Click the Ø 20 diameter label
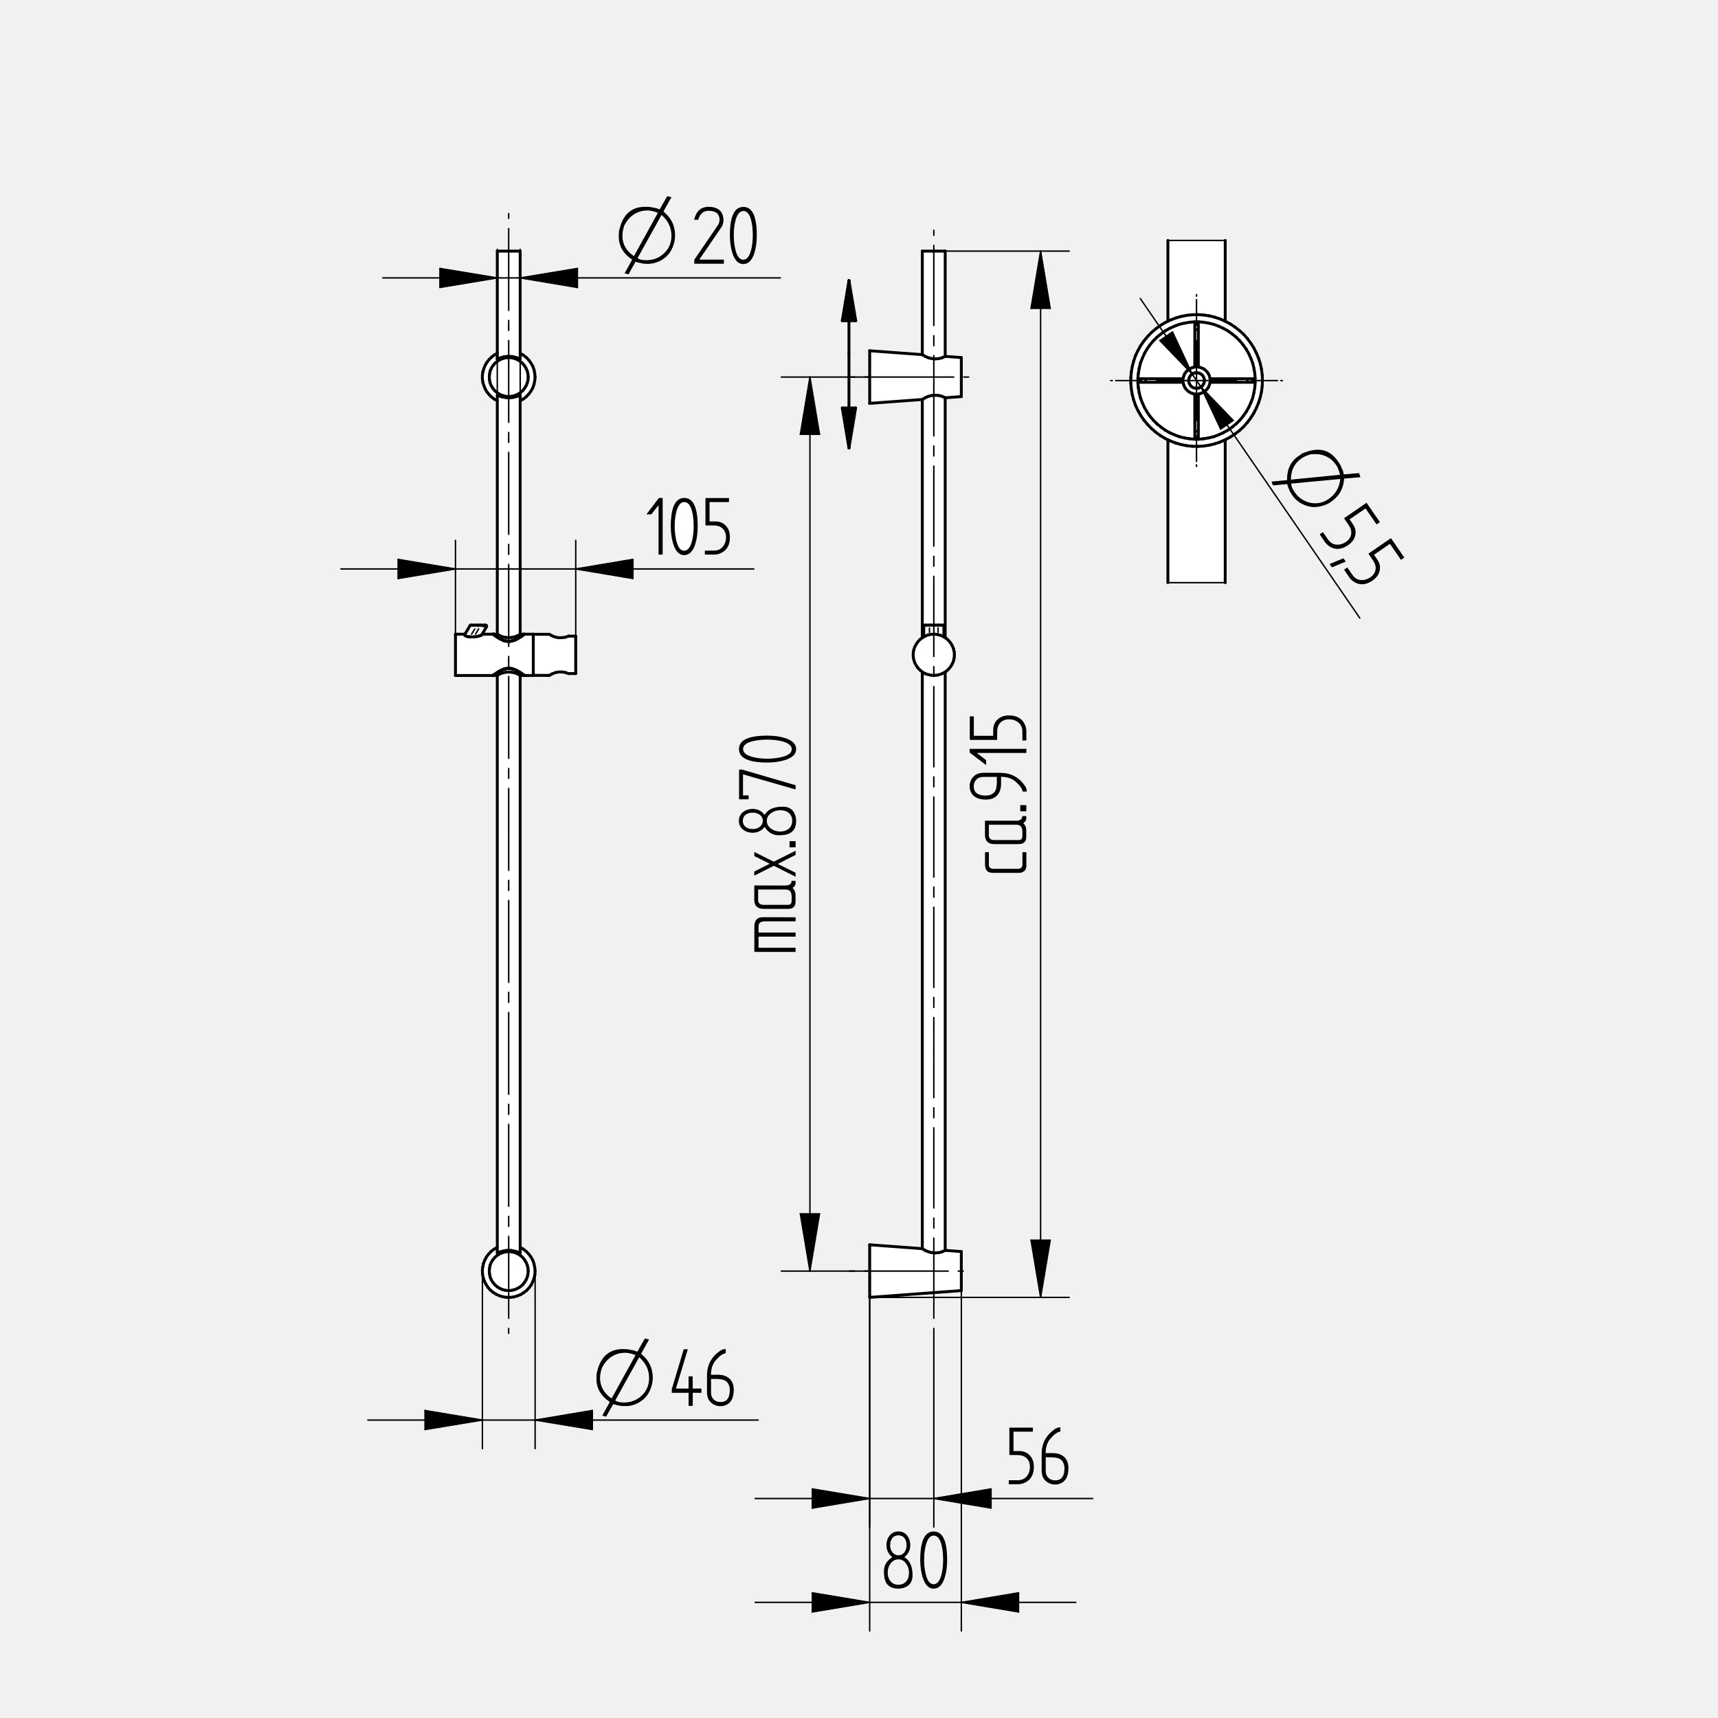(x=687, y=236)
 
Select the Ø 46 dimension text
(x=665, y=1377)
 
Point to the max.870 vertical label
(x=774, y=845)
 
